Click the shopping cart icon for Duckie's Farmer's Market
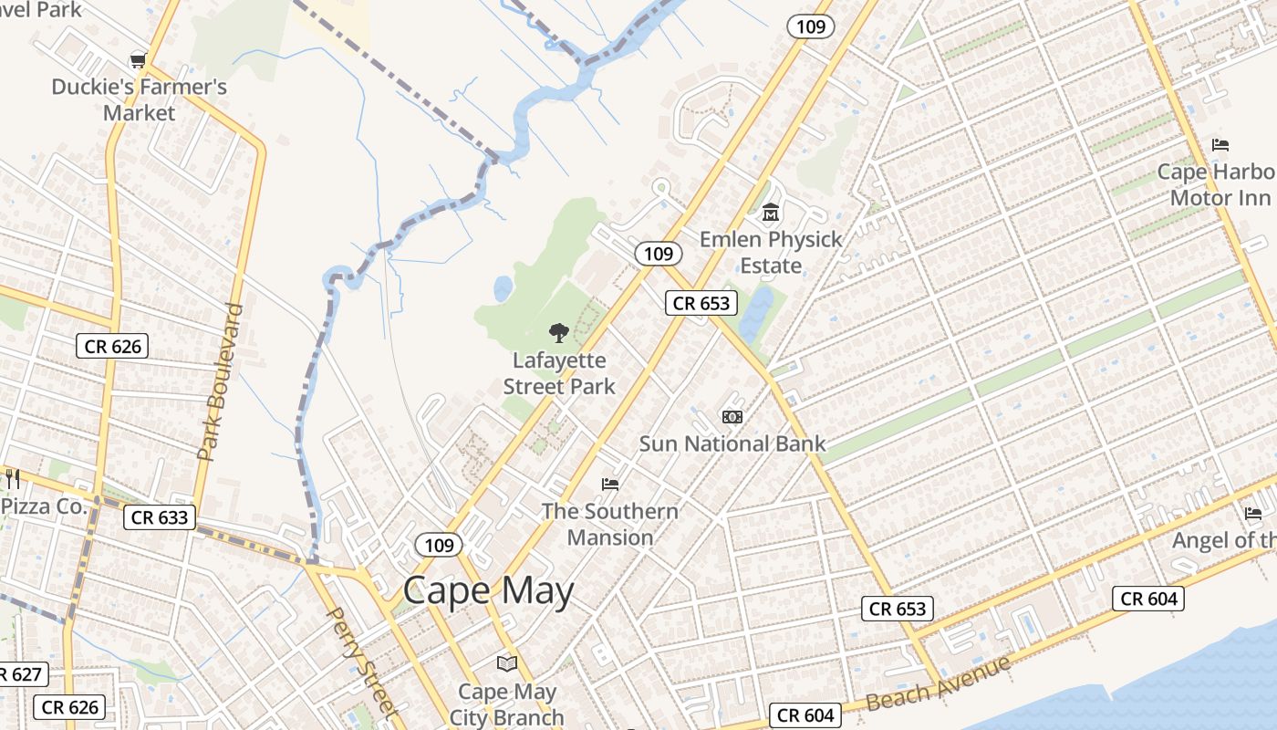(138, 60)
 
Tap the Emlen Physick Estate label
(771, 253)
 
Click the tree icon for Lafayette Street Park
(558, 333)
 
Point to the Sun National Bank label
(732, 444)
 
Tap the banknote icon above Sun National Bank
(732, 417)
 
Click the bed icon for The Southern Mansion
(610, 484)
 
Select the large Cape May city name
(488, 591)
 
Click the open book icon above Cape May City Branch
(506, 663)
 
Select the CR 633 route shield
(160, 517)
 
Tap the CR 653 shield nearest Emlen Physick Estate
(701, 303)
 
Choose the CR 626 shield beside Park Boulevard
(111, 346)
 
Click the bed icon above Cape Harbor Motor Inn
(1220, 145)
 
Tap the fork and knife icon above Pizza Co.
(12, 478)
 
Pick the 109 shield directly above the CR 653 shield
(658, 254)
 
